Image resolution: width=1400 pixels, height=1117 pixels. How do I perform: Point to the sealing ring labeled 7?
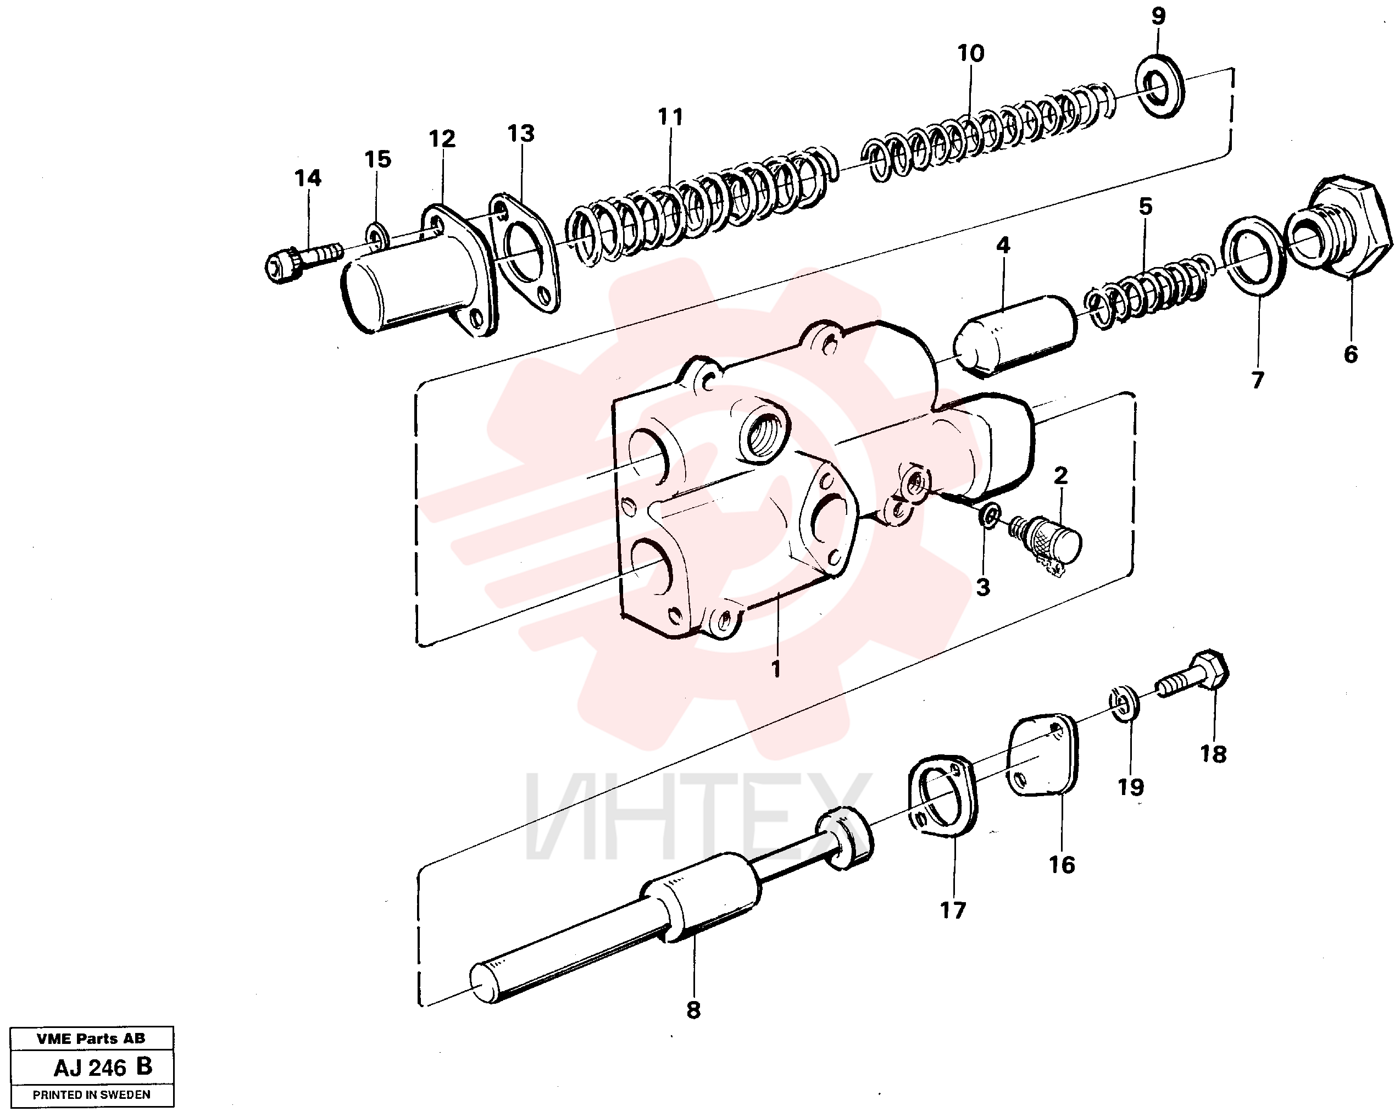point(1254,254)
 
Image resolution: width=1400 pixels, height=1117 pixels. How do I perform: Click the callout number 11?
point(670,117)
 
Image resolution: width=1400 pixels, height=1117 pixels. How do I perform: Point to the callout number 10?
point(971,53)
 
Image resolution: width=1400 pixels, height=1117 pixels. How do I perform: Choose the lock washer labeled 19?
point(1124,703)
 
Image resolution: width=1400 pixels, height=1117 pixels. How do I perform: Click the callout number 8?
point(693,1010)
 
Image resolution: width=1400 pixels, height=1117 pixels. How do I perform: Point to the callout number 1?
point(775,668)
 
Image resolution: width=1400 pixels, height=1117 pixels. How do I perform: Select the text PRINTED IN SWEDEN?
point(92,1095)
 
